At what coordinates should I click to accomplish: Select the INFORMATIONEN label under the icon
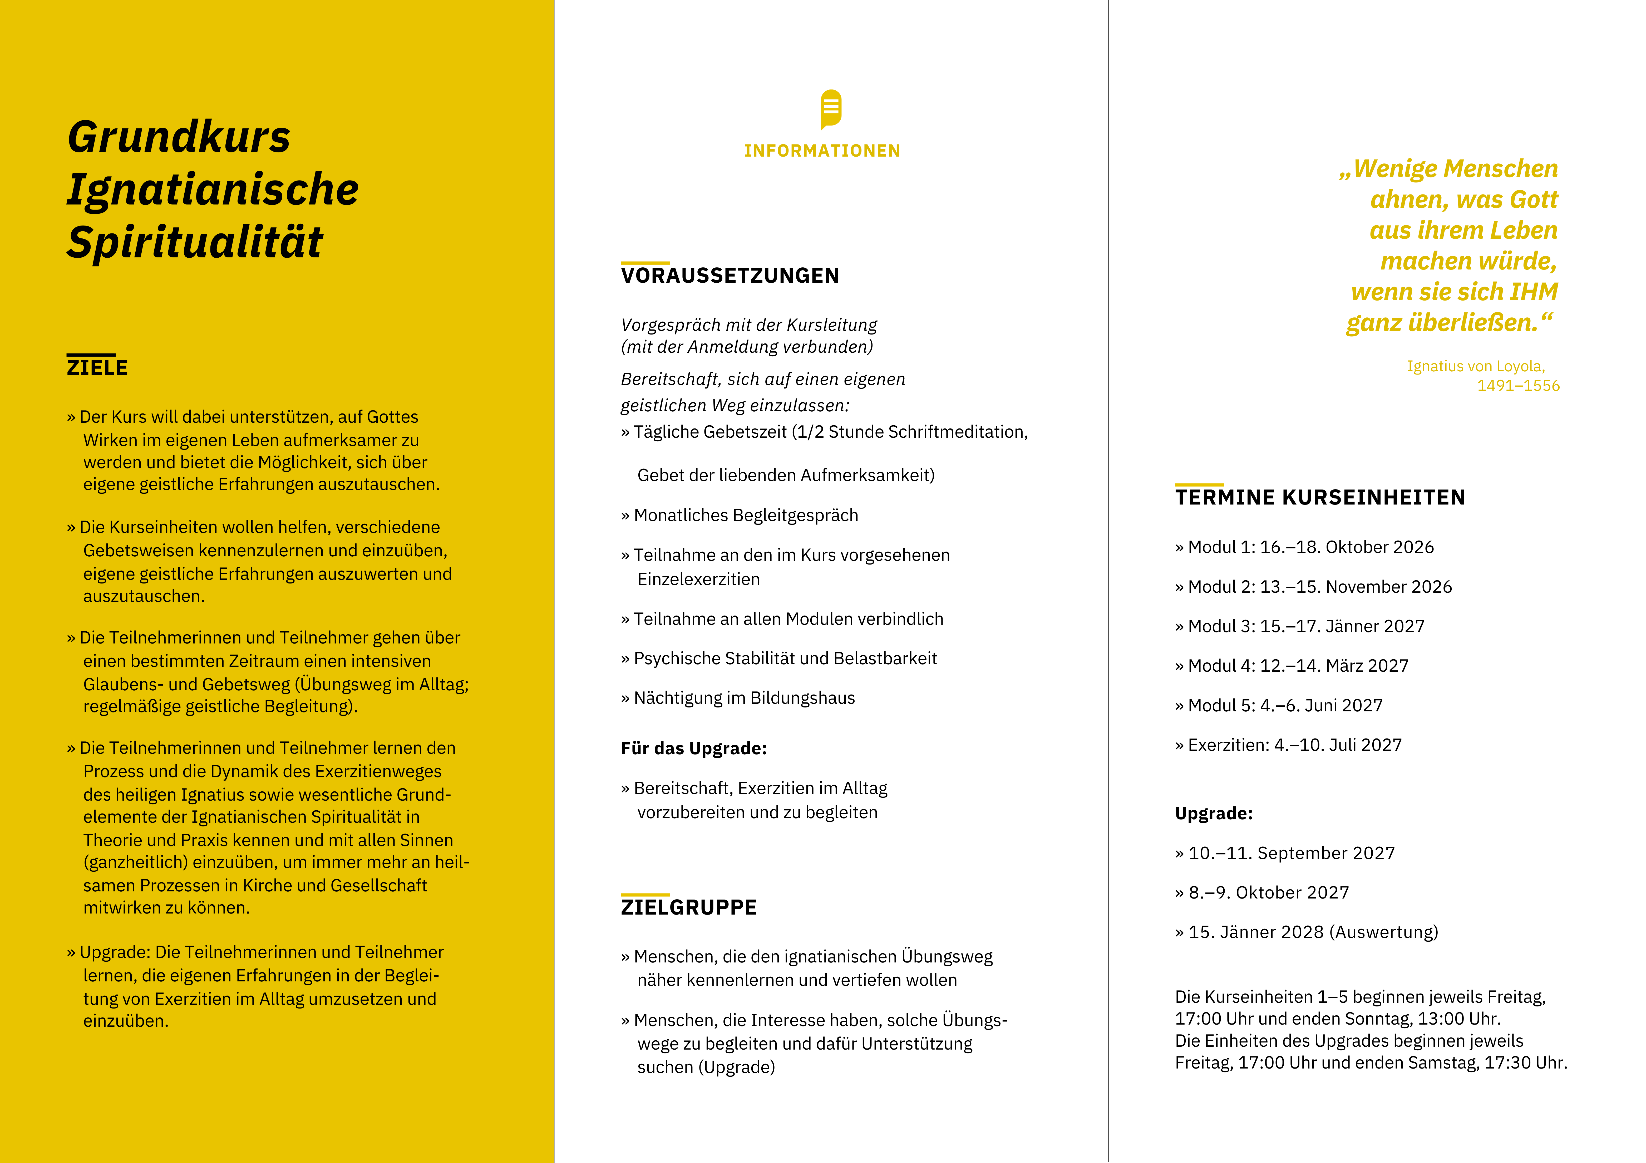tap(822, 151)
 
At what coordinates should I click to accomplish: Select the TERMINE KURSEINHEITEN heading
tap(1320, 497)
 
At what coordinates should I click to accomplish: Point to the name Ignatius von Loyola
tap(1475, 366)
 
